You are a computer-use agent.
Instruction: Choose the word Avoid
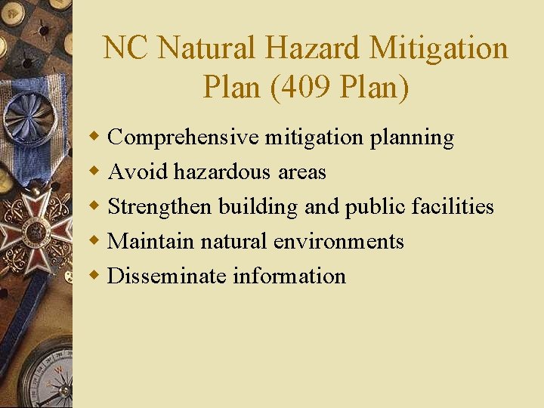(138, 172)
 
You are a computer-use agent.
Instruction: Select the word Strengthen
(160, 206)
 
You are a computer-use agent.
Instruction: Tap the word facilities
(453, 206)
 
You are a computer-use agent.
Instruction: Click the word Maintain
(150, 241)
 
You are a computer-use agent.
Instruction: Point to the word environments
(338, 241)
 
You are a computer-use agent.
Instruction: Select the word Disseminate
(167, 276)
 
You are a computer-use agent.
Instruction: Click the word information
(289, 276)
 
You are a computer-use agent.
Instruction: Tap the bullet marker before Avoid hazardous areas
(94, 172)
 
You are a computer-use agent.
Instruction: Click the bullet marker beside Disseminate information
(94, 275)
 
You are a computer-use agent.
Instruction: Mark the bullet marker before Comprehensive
(94, 137)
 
